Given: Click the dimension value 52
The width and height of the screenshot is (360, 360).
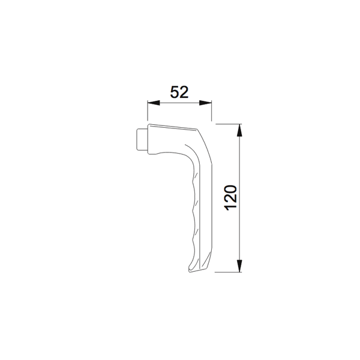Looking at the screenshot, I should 179,92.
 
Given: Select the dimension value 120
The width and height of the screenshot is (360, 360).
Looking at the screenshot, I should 232,198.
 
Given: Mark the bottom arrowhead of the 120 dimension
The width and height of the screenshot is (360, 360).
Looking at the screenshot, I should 240,268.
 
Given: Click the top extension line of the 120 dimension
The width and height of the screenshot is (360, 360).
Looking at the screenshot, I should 228,124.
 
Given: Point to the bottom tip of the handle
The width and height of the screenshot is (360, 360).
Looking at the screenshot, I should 193,272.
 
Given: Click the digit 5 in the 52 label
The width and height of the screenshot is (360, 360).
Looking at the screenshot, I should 175,92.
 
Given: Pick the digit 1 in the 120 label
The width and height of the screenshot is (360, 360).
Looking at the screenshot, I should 232,209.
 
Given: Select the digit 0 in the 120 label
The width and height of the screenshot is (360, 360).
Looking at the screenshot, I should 232,188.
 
